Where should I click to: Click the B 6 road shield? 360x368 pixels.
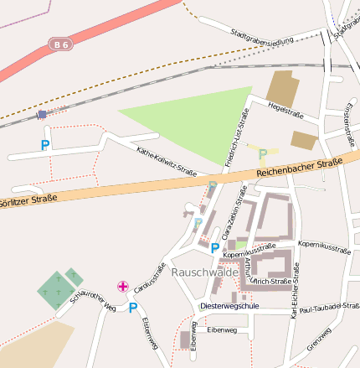(60, 43)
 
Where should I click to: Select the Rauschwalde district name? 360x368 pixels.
(203, 272)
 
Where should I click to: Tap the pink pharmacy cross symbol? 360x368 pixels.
(123, 288)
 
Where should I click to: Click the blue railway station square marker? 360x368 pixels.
(42, 114)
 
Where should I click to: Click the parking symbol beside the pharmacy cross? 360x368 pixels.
(132, 308)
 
